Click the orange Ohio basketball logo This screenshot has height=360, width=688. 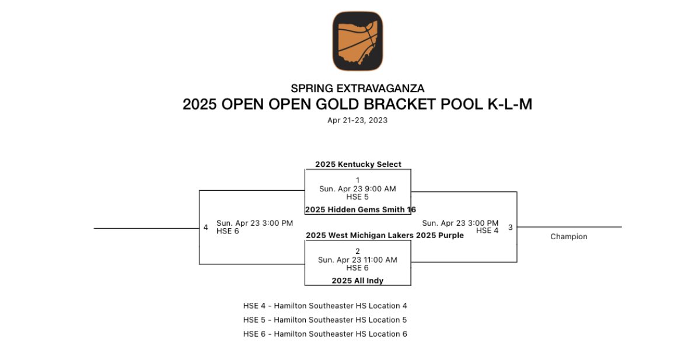(x=358, y=41)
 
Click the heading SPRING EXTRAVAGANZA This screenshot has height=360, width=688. (x=358, y=89)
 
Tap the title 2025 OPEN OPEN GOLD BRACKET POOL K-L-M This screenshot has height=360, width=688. (x=358, y=104)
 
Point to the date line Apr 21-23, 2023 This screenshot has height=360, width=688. (x=358, y=120)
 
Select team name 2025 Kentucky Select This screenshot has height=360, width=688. (x=358, y=165)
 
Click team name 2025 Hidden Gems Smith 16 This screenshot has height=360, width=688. (x=361, y=209)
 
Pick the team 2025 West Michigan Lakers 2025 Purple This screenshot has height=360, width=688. (x=385, y=236)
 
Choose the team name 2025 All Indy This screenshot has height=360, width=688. (x=358, y=281)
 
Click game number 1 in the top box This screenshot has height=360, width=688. (x=358, y=180)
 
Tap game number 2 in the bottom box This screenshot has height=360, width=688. (x=358, y=251)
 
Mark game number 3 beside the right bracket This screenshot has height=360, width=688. (x=510, y=227)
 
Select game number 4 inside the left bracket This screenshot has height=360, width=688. (x=205, y=227)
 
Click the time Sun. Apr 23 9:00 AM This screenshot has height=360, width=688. (x=358, y=189)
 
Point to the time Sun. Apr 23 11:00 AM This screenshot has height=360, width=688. (x=358, y=260)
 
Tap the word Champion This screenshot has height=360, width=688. (x=568, y=237)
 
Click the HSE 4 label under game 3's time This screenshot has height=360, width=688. (x=487, y=230)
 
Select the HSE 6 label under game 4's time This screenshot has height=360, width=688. (x=228, y=231)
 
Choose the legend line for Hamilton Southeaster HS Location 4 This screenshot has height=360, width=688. (x=325, y=306)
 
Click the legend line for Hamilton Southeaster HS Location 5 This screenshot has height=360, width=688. (x=325, y=320)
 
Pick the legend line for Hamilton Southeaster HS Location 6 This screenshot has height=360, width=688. (x=325, y=334)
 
